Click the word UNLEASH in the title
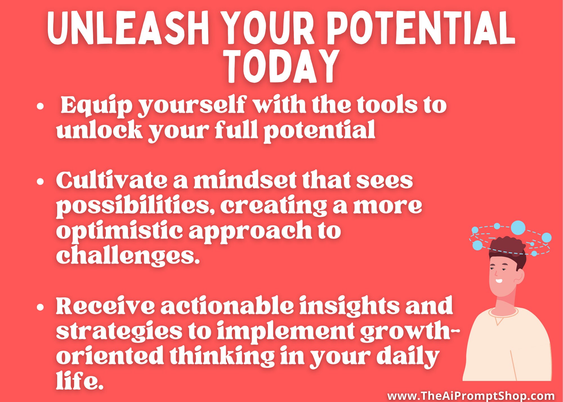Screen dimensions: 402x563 tap(128, 28)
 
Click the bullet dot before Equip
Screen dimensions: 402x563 tap(41, 106)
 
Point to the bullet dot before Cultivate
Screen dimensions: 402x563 tap(40, 182)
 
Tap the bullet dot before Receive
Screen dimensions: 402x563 tap(40, 307)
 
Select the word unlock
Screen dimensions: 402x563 tap(99, 130)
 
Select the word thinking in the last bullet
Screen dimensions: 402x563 tap(222, 356)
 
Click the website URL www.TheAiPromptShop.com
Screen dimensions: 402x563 tap(471, 396)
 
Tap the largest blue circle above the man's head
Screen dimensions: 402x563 tap(518, 228)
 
